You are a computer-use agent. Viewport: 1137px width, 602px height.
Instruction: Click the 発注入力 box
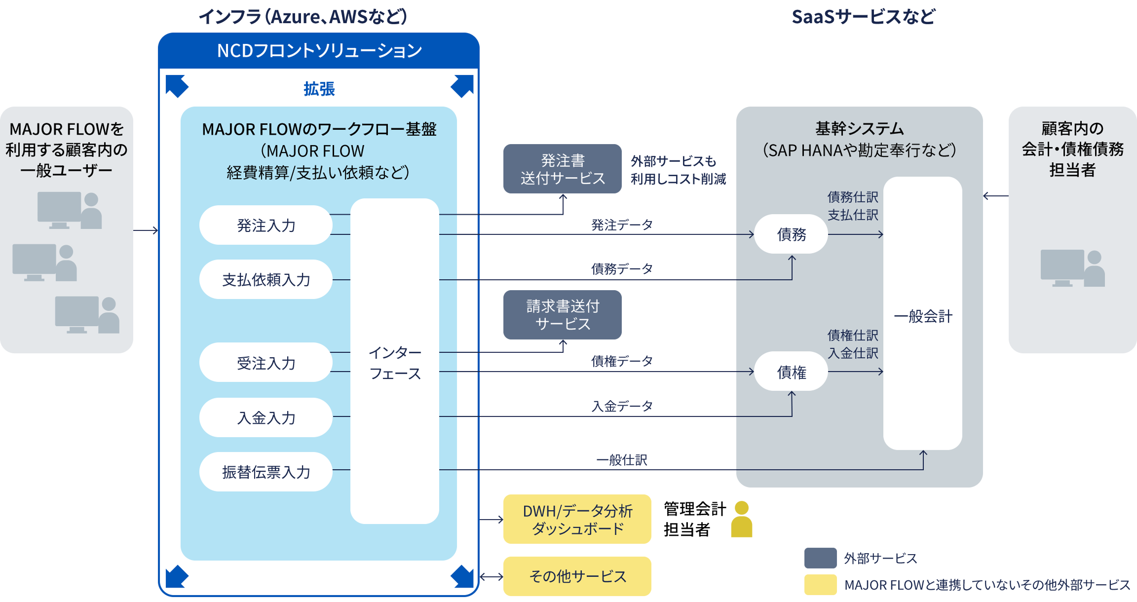click(266, 225)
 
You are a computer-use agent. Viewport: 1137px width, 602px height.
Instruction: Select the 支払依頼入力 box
click(266, 279)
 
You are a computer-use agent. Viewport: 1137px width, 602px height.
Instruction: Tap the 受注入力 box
click(266, 363)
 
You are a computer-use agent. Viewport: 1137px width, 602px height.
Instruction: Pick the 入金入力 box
click(266, 417)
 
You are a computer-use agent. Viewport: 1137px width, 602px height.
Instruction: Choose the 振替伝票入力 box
click(266, 472)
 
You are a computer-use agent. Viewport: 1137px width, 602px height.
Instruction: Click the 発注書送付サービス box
click(562, 169)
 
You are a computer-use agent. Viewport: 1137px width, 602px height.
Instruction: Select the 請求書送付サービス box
click(562, 315)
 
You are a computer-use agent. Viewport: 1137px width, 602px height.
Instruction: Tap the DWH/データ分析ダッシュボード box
click(577, 519)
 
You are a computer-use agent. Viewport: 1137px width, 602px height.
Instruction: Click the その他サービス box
click(577, 576)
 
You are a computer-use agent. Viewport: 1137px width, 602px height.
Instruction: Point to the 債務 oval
click(791, 234)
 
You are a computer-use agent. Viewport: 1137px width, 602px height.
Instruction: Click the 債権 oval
click(791, 372)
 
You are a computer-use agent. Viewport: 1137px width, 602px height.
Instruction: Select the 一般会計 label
click(923, 316)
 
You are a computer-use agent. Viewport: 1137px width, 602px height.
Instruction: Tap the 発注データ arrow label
click(622, 225)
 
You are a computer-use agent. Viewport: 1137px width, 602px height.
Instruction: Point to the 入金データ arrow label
click(622, 406)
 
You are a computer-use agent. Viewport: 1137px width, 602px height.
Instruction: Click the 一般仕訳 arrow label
click(622, 460)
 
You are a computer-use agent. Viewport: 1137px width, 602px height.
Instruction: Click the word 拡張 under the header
click(319, 89)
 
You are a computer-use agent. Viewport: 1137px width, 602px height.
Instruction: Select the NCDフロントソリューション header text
click(319, 50)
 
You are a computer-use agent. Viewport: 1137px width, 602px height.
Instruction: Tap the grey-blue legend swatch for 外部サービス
click(820, 558)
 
